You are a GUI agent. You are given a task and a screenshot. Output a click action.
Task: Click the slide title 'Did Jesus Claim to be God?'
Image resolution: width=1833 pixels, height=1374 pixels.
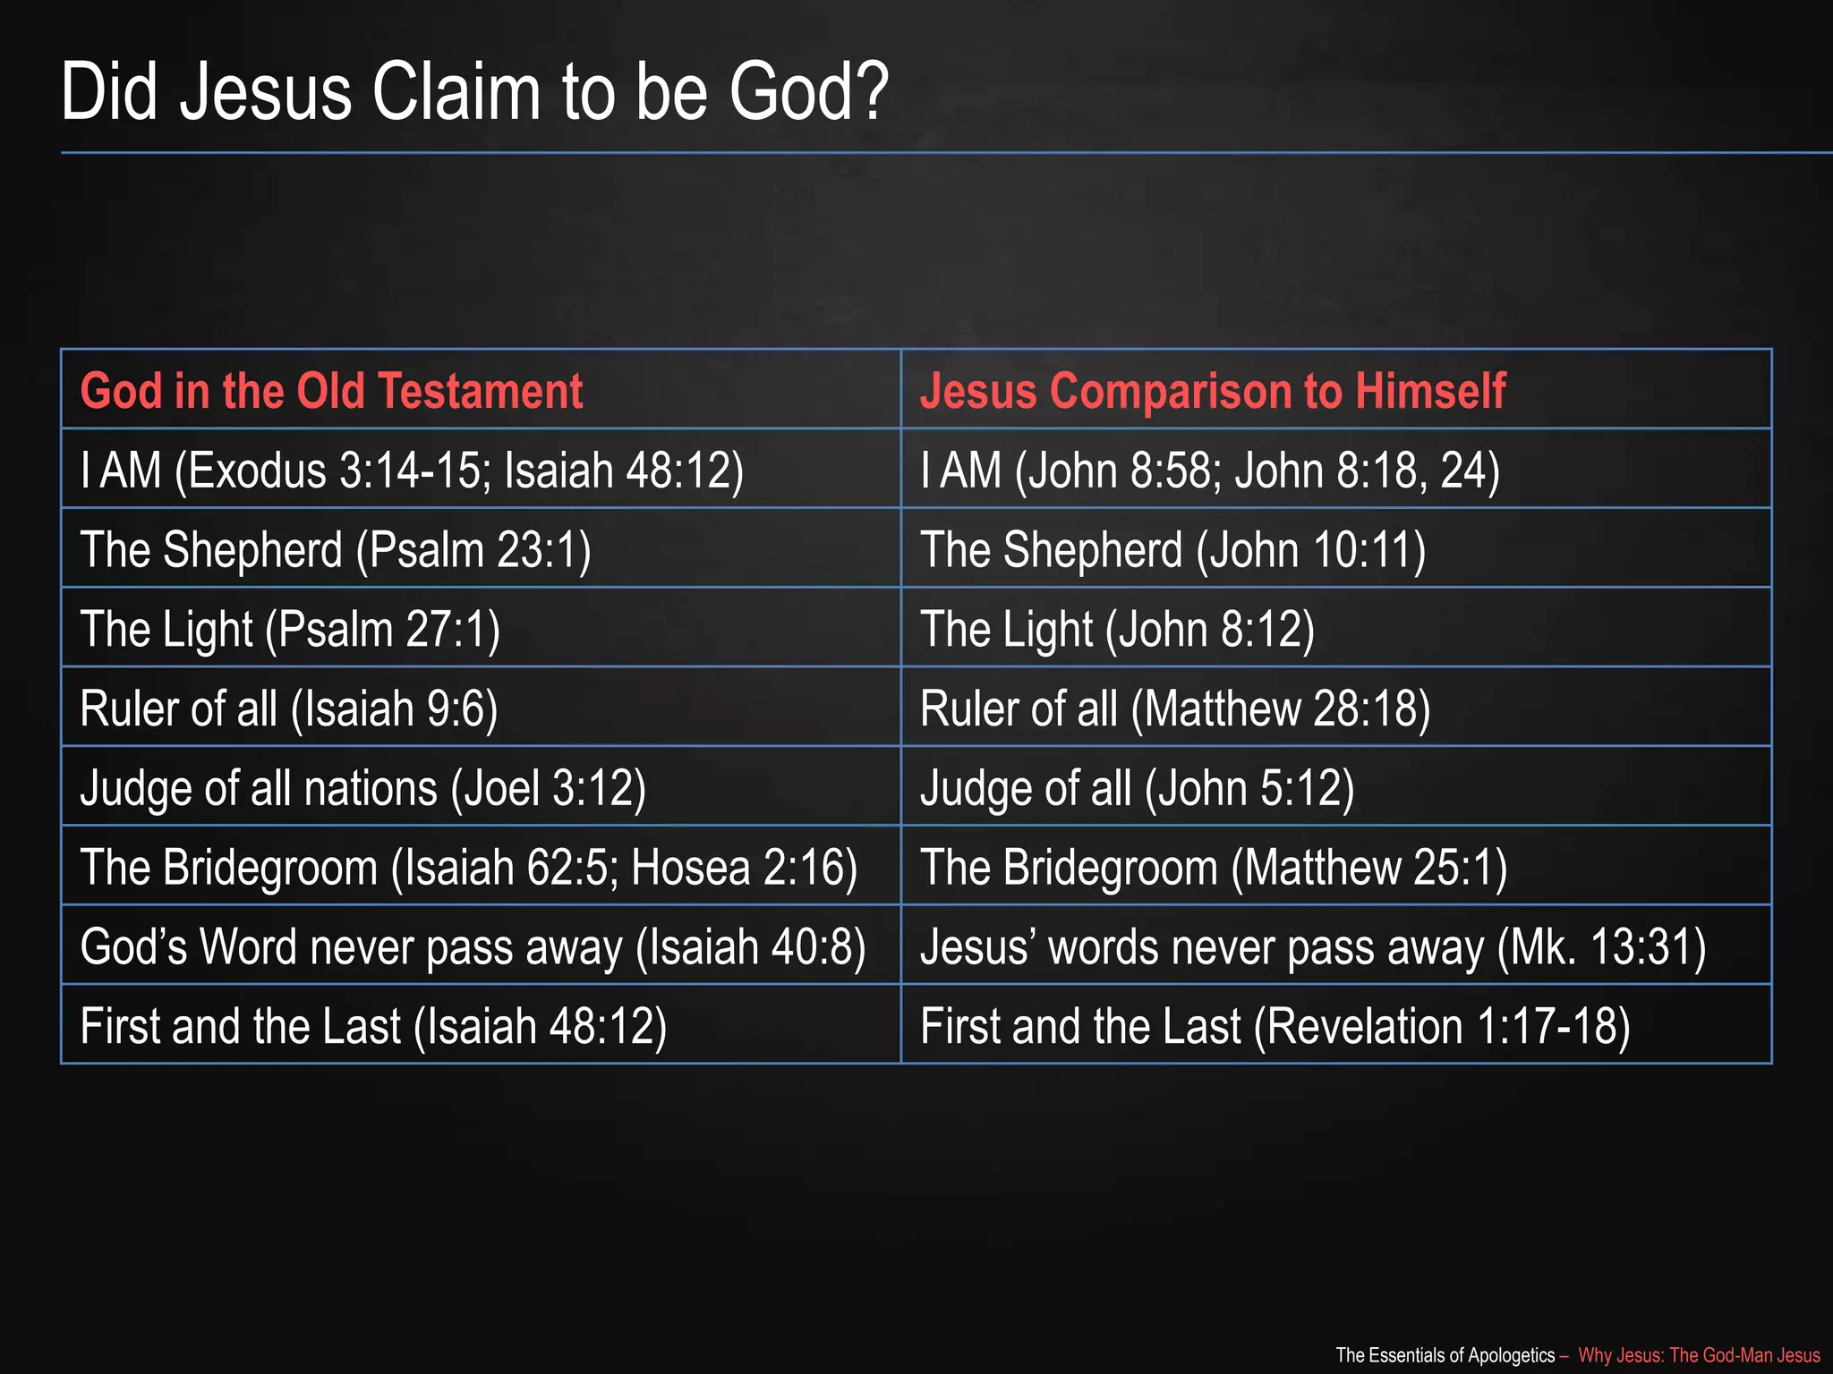point(474,92)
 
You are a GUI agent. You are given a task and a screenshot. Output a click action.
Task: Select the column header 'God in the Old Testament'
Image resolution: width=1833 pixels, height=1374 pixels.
point(331,391)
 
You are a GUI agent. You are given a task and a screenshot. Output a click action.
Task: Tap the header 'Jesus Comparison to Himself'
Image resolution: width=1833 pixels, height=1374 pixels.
point(1213,391)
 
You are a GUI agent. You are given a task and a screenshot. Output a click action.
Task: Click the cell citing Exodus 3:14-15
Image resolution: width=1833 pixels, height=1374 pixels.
point(412,470)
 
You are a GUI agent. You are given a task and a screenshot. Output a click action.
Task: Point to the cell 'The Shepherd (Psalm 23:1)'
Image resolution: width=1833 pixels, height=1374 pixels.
point(336,549)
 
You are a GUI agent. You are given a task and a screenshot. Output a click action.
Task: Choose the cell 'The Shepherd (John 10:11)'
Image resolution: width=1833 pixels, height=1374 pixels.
point(1172,549)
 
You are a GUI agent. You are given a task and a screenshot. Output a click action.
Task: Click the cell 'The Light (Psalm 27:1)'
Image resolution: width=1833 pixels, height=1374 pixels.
point(290,629)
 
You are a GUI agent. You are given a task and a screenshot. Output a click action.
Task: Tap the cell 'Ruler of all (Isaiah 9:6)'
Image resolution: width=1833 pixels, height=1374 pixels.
point(288,708)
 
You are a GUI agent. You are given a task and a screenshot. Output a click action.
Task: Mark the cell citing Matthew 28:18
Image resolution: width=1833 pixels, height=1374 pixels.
point(1175,708)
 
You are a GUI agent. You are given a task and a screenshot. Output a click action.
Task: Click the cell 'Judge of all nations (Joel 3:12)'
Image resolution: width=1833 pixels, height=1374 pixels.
point(362,788)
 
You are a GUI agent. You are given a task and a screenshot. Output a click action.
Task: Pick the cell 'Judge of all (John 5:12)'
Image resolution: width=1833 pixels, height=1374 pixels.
point(1137,788)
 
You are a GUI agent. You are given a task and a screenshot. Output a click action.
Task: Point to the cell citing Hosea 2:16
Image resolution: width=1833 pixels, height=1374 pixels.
point(468,868)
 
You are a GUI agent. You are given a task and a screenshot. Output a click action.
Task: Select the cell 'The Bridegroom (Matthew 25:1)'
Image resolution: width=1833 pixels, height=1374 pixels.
point(1214,868)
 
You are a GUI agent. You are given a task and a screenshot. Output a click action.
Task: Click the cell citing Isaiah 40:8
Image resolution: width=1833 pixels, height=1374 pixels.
point(473,946)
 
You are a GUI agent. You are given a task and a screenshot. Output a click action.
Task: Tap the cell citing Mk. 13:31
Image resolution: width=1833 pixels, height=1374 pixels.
point(1313,946)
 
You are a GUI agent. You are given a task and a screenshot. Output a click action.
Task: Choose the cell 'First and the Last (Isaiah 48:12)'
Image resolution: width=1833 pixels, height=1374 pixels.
point(373,1026)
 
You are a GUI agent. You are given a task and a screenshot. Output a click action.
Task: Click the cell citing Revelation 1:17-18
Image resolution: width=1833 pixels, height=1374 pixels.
point(1275,1026)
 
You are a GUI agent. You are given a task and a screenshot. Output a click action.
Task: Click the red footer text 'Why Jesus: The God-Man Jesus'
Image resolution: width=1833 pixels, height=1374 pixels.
point(1698,1355)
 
